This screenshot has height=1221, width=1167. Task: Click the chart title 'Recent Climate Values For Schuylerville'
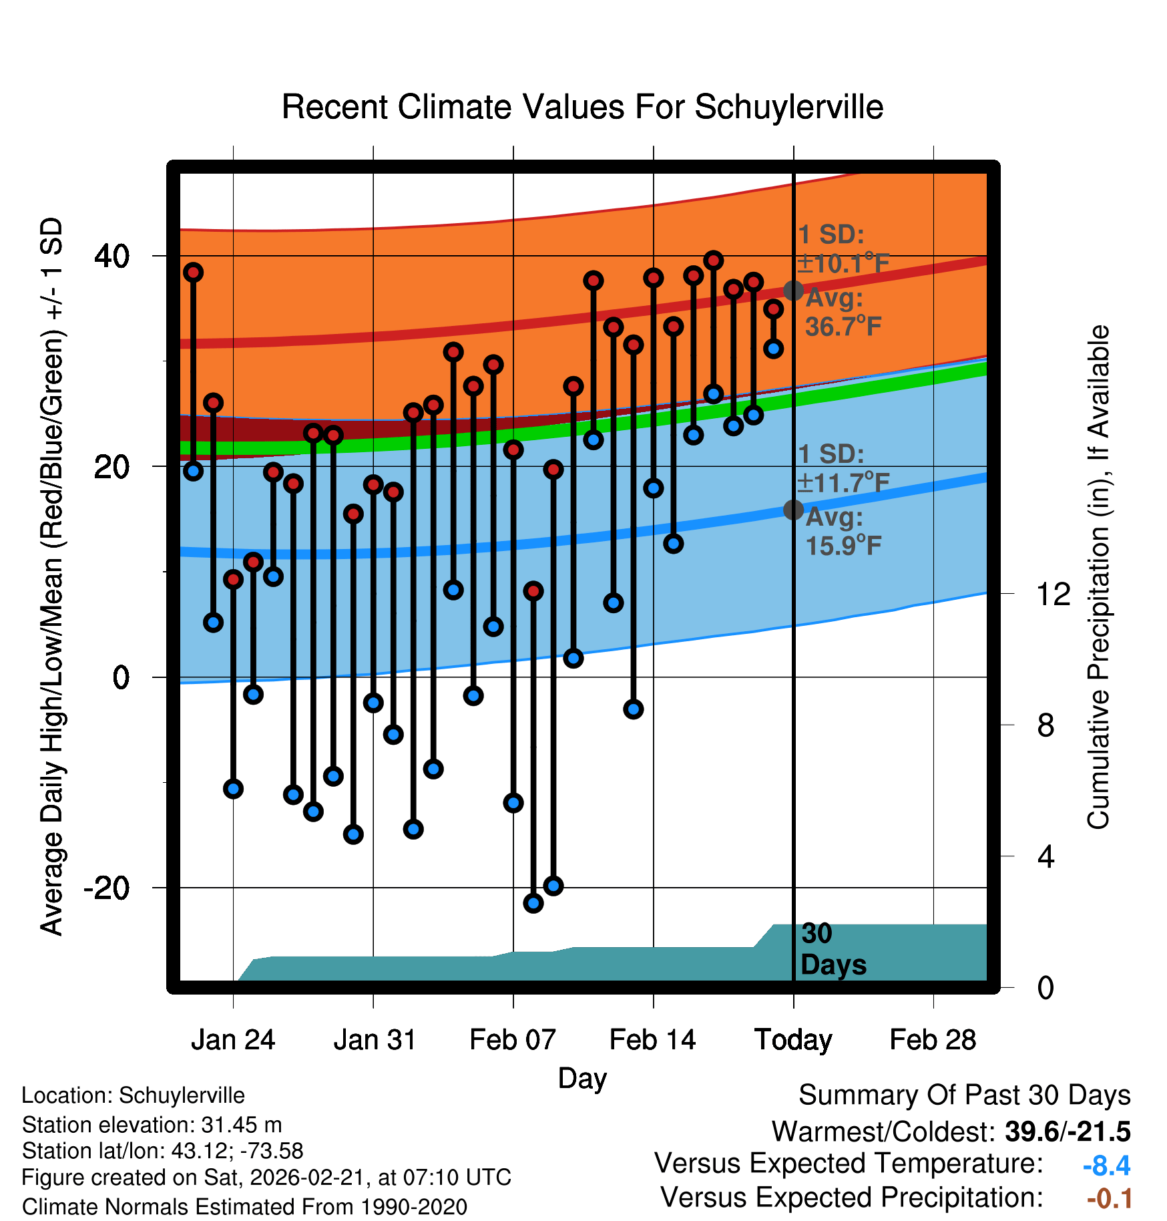[x=582, y=107]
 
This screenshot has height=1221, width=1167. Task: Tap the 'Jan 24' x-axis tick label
[x=233, y=1040]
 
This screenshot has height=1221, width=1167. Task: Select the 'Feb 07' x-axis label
[x=513, y=1040]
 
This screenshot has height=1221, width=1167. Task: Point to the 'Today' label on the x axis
[x=793, y=1040]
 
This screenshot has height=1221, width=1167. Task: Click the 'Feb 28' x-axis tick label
[x=933, y=1040]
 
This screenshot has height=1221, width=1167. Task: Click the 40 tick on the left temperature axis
[x=111, y=256]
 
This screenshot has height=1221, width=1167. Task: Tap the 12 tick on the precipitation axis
[x=1053, y=594]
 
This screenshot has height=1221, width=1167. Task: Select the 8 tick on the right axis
[x=1045, y=725]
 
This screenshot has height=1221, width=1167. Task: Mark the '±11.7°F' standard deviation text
[x=844, y=483]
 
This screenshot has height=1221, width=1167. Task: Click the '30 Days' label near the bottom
[x=833, y=949]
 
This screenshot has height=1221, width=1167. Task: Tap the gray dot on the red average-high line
[x=793, y=291]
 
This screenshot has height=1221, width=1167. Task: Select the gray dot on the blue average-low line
[x=793, y=510]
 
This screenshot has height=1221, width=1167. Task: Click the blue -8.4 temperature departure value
[x=1106, y=1166]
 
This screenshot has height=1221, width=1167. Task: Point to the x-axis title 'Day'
[x=582, y=1079]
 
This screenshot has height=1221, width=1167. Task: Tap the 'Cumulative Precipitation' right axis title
[x=1098, y=577]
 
